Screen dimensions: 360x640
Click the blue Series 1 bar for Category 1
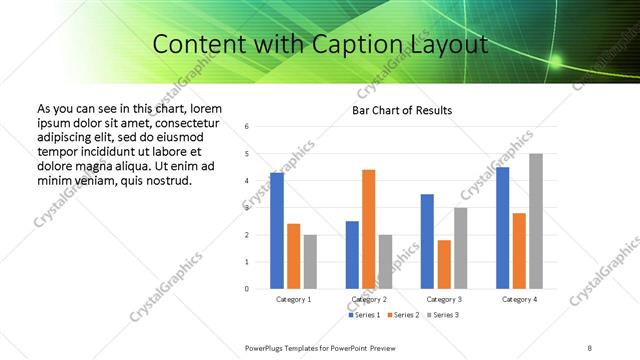coord(277,231)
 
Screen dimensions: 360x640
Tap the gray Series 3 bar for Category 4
coord(536,221)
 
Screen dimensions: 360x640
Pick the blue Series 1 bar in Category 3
coord(427,241)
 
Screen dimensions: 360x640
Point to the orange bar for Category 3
coord(444,264)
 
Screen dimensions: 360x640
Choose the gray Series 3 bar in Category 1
coord(310,261)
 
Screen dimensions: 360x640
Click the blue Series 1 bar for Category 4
coord(502,228)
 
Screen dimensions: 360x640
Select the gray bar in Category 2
coord(386,261)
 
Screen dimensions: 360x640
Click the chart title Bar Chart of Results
coord(402,110)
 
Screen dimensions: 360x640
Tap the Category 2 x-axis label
coord(369,299)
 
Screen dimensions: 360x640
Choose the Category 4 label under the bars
coord(519,299)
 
